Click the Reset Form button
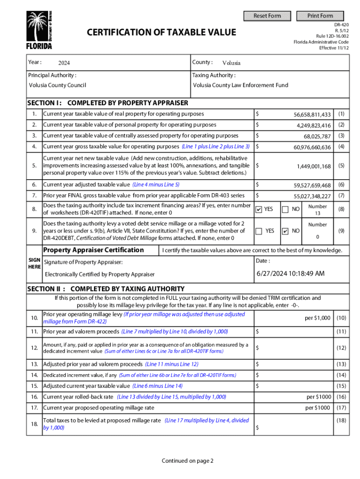tap(267, 16)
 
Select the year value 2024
tap(64, 63)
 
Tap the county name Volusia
tap(231, 63)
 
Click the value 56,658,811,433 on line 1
tap(312, 115)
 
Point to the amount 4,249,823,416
tap(314, 125)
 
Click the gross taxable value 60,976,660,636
tap(312, 147)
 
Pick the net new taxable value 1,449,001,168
tap(314, 166)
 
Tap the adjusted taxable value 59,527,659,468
tap(312, 185)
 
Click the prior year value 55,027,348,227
tap(312, 196)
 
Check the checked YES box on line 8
tap(259, 209)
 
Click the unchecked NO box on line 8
tap(286, 209)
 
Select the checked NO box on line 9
tap(286, 231)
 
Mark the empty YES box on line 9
tap(259, 231)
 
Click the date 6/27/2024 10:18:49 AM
tap(290, 274)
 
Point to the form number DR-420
tap(341, 23)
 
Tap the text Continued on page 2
tap(187, 461)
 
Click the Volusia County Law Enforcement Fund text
tap(241, 85)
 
